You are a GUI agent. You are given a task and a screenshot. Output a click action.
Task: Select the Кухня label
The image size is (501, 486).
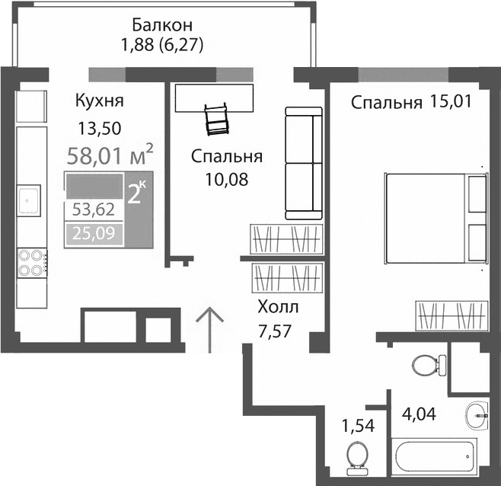(x=99, y=101)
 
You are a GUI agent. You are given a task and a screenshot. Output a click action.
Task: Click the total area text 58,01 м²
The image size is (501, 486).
(x=110, y=157)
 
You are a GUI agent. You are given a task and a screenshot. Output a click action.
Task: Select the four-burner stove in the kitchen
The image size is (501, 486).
(x=31, y=262)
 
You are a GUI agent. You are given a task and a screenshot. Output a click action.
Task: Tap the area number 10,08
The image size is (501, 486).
(x=227, y=180)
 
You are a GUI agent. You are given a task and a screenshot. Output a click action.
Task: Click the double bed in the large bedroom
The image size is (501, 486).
(x=435, y=219)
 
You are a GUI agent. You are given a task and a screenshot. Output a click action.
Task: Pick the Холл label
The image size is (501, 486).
(x=278, y=308)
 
